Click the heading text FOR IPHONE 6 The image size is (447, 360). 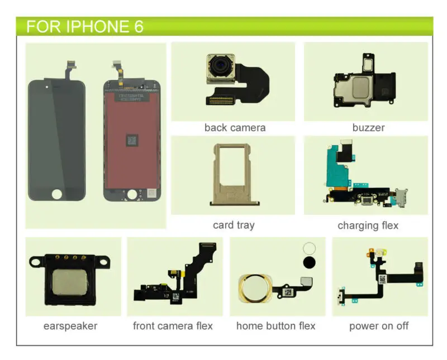click(x=85, y=26)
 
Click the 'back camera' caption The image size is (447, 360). click(x=235, y=128)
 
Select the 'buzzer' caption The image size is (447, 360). click(x=368, y=128)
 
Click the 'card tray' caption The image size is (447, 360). click(x=234, y=225)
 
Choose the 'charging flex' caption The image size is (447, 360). click(x=368, y=225)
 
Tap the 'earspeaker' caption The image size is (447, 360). click(x=70, y=325)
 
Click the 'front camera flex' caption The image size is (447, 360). click(x=173, y=325)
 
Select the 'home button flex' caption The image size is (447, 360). click(x=275, y=325)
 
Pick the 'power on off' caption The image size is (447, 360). click(x=379, y=325)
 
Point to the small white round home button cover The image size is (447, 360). click(x=308, y=248)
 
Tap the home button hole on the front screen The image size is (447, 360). click(x=56, y=194)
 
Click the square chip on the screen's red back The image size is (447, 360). click(x=132, y=140)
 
